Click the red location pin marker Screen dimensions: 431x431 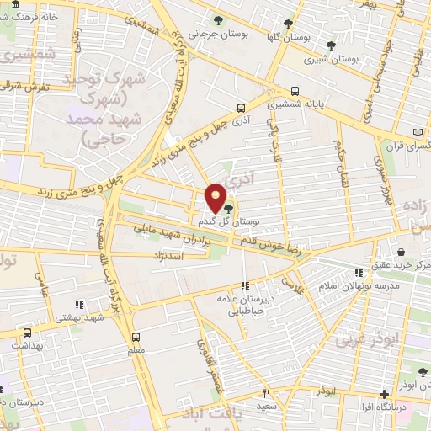click(x=216, y=197)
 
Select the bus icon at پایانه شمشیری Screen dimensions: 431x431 click(x=295, y=93)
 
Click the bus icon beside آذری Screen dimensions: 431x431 click(x=242, y=108)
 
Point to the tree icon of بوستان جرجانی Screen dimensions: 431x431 click(x=219, y=20)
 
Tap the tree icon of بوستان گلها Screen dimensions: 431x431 click(x=289, y=24)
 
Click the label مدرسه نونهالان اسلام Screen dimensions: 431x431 click(x=363, y=286)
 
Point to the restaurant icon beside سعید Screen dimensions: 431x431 click(x=266, y=393)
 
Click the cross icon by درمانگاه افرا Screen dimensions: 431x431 click(x=385, y=394)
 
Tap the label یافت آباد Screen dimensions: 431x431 click(x=204, y=418)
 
